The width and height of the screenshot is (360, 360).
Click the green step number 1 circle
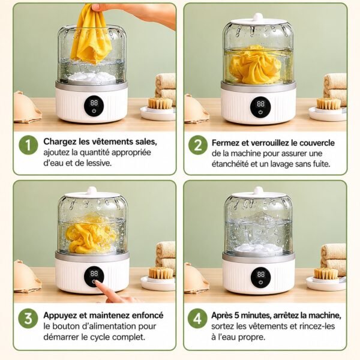point(28,145)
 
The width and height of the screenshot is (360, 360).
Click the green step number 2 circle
point(198,145)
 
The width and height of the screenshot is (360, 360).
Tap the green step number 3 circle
point(28,319)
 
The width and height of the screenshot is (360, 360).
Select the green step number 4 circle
point(197,319)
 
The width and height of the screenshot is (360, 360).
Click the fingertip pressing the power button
point(97,284)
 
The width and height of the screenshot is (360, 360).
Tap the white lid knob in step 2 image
point(258,17)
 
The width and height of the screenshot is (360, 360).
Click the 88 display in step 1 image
point(94,103)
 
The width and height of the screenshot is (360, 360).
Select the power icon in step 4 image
point(260,283)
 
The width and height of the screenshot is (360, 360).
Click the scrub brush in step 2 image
point(329,104)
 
